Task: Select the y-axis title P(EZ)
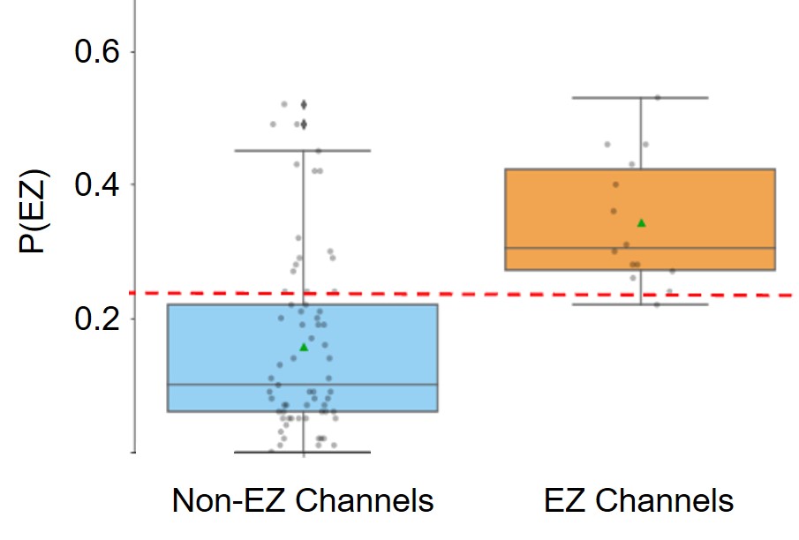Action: [x=35, y=213]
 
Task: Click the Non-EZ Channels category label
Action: [x=303, y=501]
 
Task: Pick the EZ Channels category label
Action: [x=639, y=501]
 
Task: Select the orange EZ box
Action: [x=706, y=212]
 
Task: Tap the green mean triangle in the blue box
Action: [x=304, y=347]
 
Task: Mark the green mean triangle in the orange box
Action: [x=641, y=222]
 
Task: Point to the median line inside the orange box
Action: [x=706, y=248]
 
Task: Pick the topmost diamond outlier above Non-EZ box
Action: [x=304, y=104]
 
